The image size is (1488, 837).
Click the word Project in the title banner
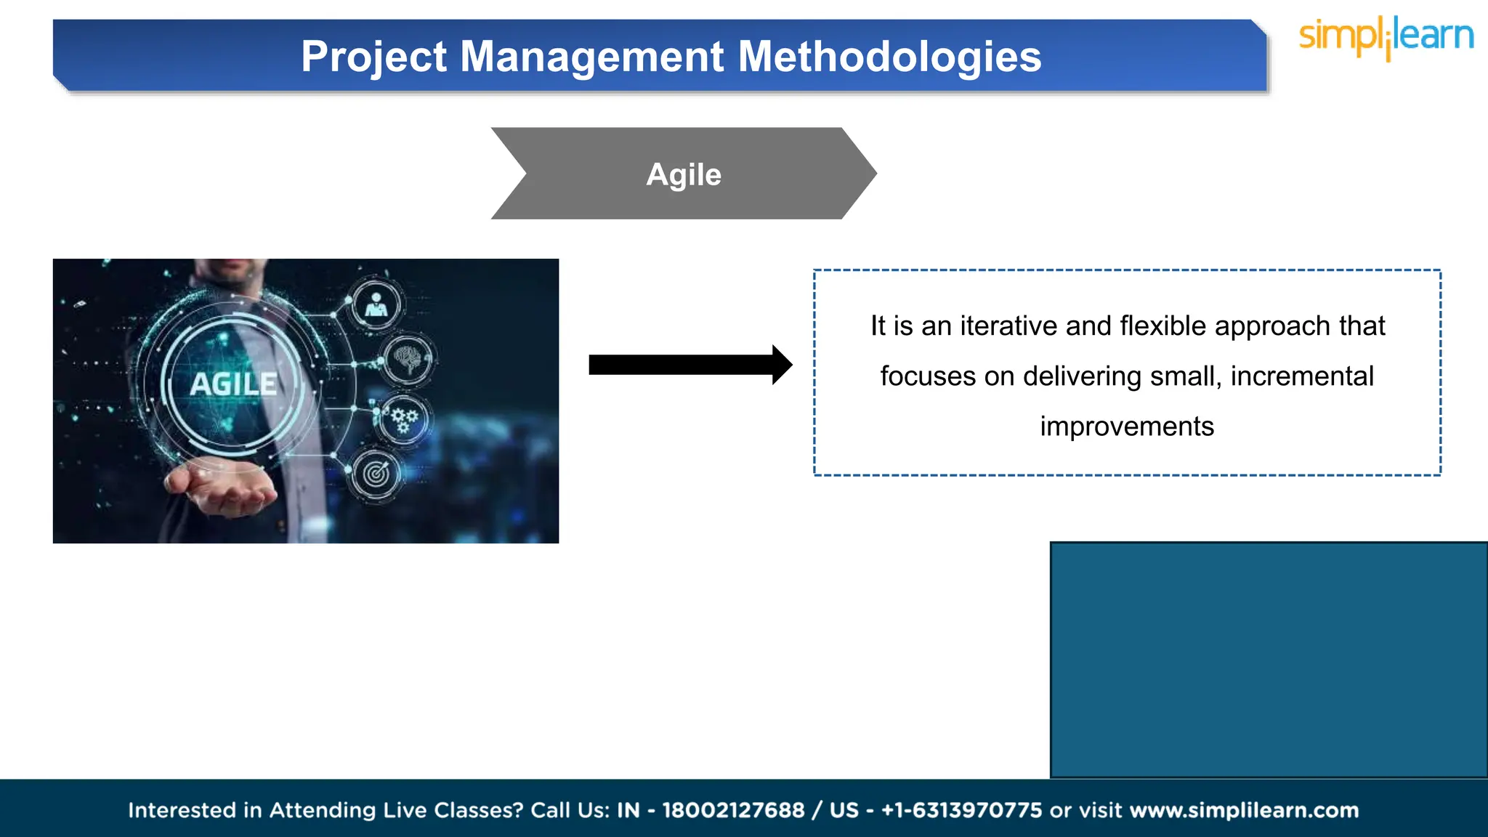pos(373,57)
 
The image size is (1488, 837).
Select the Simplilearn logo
pos(1386,36)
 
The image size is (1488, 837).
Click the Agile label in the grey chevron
pos(684,174)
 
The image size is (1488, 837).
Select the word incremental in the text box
pos(1301,376)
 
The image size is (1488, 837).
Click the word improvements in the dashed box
pos(1126,426)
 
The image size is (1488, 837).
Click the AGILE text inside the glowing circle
pos(233,384)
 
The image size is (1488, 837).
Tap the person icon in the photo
pos(376,305)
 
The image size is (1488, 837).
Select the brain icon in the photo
pos(408,358)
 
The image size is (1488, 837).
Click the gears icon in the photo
pos(404,419)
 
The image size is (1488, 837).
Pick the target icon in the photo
pos(376,474)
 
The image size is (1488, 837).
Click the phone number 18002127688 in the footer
pos(732,810)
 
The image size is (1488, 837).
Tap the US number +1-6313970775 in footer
pos(961,810)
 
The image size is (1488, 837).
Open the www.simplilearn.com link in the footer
pos(1244,810)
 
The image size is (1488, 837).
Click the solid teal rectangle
pos(1268,660)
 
